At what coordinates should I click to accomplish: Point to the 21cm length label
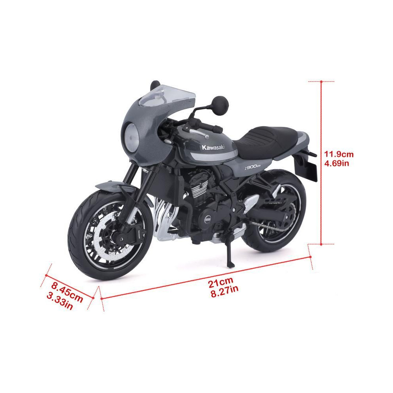click(x=221, y=281)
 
